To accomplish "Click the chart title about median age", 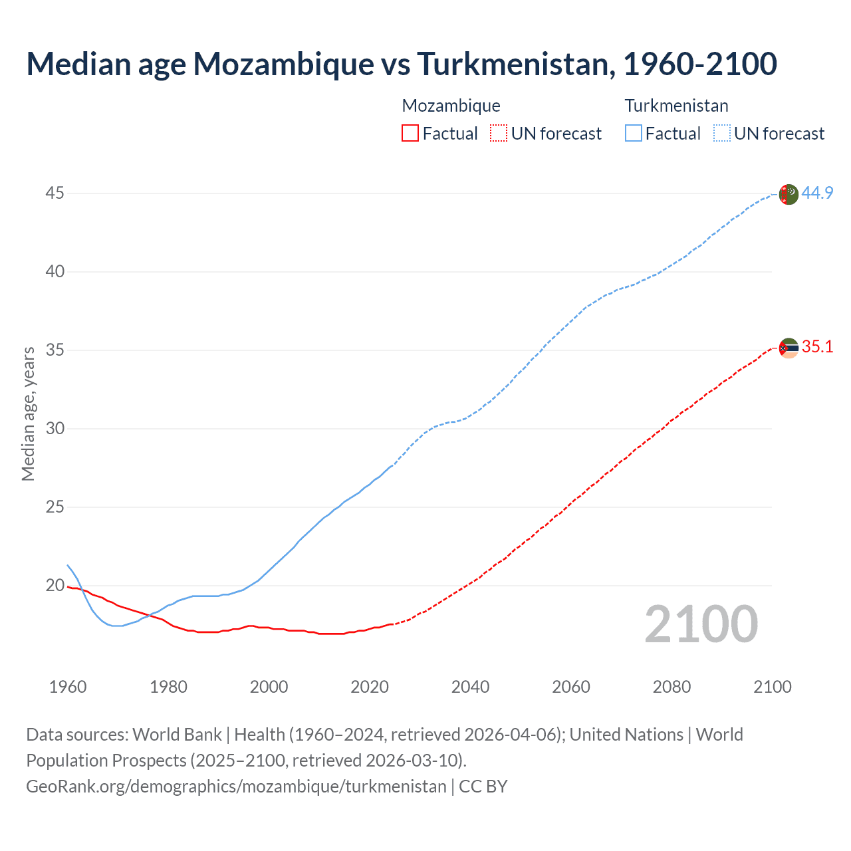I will pos(402,64).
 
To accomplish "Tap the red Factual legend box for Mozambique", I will pos(410,134).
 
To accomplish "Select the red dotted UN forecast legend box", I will pos(499,134).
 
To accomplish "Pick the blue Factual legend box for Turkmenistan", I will pos(633,134).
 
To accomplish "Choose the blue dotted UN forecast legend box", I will pos(721,134).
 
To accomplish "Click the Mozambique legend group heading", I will pos(451,106).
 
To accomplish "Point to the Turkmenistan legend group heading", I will pos(676,106).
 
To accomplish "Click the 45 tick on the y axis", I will pos(55,193).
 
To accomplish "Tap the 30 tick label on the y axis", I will pos(55,429).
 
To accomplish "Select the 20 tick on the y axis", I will pos(55,586).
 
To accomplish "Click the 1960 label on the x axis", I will pos(68,687).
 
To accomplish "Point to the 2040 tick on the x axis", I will pos(470,687).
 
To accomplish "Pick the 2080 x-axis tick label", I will pos(671,687).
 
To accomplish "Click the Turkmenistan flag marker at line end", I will pos(788,194).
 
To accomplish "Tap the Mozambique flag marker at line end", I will pos(788,348).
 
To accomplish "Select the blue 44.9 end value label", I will pos(817,193).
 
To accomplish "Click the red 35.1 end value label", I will pos(817,347).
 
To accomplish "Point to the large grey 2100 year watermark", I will pos(701,624).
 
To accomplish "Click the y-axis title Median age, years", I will pos(29,414).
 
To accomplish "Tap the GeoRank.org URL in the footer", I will pos(236,786).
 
